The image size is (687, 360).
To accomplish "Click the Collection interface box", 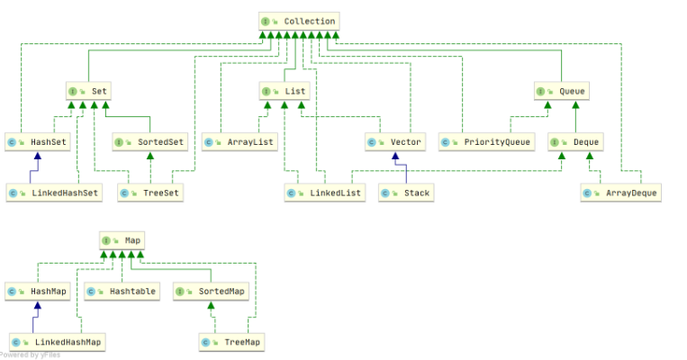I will pos(299,21).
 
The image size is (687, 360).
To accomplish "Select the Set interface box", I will pos(88,91).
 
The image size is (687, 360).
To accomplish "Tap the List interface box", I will pos(284,91).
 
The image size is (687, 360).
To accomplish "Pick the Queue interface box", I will pos(561,91).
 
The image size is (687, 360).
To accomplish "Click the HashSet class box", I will pos(37,142).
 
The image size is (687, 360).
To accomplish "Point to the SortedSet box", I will pos(149,142).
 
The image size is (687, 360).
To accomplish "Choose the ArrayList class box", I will pos(240,142).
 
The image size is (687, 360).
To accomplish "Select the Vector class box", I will pos(394,142).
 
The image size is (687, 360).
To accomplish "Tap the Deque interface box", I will pos(574,142).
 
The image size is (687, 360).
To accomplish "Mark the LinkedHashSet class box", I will pos(53,193).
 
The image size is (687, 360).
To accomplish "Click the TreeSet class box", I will pos(149,193).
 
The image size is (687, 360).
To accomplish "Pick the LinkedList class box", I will pos(325,193).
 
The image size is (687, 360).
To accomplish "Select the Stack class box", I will pos(406,193).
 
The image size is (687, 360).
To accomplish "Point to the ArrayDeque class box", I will pos(620,193).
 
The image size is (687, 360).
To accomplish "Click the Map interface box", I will pos(122,240).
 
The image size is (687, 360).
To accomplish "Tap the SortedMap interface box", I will pos(211,291).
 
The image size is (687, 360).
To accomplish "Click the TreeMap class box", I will pos(231,342).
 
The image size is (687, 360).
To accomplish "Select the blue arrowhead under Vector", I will pos(394,157).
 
